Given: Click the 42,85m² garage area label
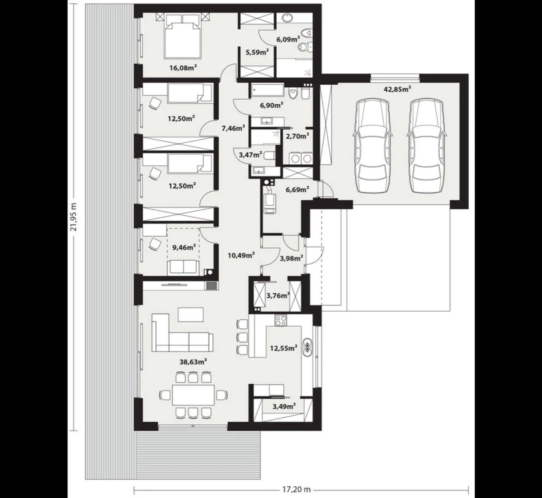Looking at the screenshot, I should [x=397, y=89].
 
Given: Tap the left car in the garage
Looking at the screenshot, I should [x=372, y=146].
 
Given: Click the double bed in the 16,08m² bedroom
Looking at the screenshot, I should [x=183, y=38].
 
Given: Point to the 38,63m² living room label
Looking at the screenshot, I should [x=193, y=362].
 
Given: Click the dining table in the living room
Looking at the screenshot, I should [x=193, y=394].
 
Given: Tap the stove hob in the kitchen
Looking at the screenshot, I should [x=280, y=320].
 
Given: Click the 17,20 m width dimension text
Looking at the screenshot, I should [x=297, y=490].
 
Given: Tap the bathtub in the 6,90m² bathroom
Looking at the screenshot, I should [x=268, y=91].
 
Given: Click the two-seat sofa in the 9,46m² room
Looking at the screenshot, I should [x=183, y=267].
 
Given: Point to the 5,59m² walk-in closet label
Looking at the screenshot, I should [x=257, y=52].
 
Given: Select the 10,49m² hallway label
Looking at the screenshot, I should [x=241, y=255].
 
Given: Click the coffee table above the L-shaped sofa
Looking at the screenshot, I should [x=190, y=314].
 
